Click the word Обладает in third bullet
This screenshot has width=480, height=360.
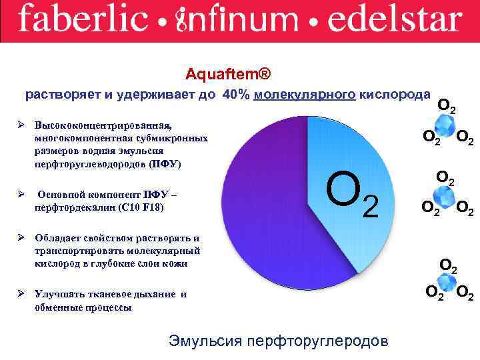click(57, 238)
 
